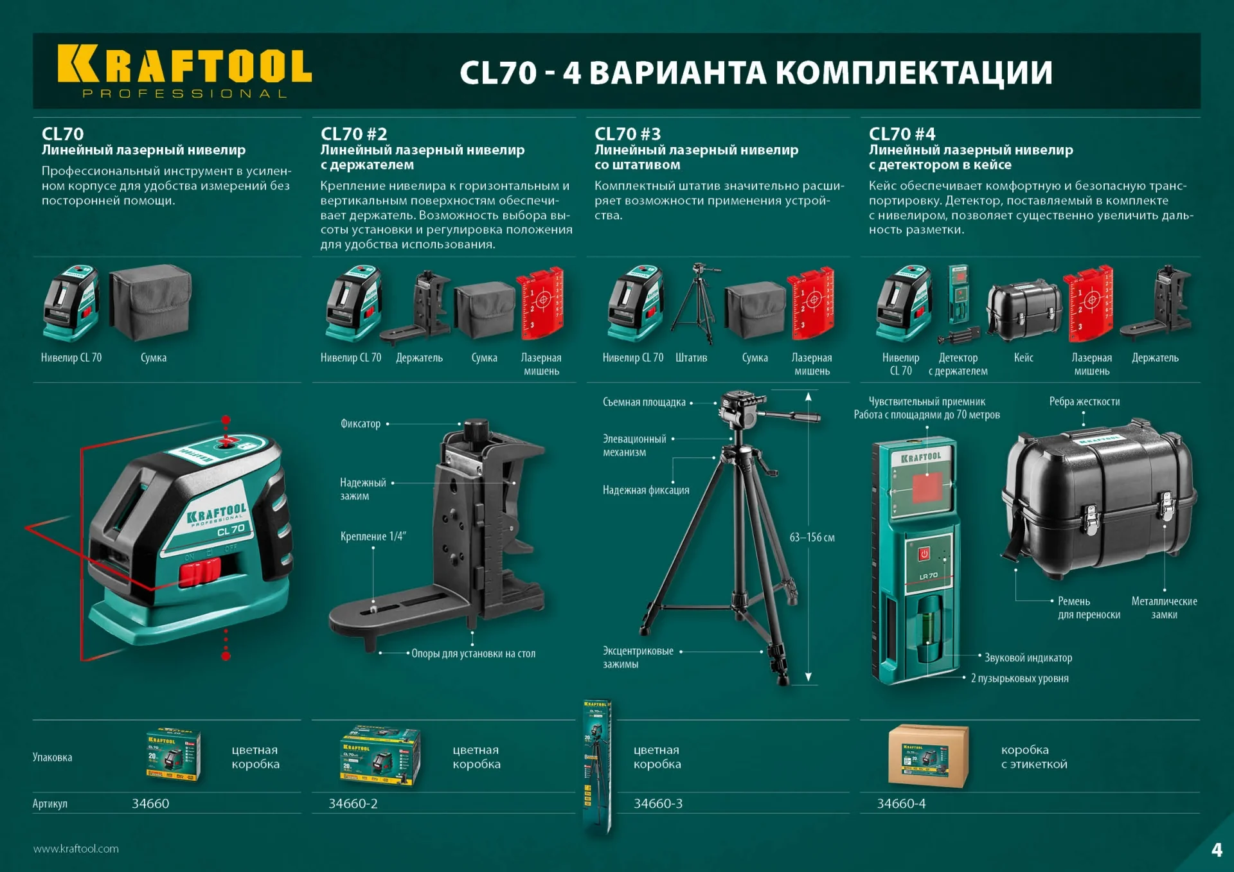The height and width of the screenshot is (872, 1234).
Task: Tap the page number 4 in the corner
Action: pyautogui.click(x=1217, y=850)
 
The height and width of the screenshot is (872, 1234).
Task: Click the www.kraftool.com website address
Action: pyautogui.click(x=76, y=848)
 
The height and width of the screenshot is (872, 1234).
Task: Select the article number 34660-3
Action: pyautogui.click(x=657, y=803)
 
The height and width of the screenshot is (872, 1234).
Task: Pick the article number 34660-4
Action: pyautogui.click(x=901, y=803)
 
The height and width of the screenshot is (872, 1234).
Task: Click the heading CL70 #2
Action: pyautogui.click(x=353, y=134)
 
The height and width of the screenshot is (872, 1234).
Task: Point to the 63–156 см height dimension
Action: pyautogui.click(x=812, y=537)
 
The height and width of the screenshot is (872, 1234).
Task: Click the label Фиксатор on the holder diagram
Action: pyautogui.click(x=361, y=423)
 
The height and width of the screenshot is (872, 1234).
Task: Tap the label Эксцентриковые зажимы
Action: pyautogui.click(x=638, y=657)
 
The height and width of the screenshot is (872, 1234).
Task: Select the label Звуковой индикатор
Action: pyautogui.click(x=1028, y=657)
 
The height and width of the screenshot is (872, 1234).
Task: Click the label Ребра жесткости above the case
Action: pyautogui.click(x=1084, y=402)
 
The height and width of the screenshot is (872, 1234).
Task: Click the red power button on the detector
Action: pyautogui.click(x=924, y=553)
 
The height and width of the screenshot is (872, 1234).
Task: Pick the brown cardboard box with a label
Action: pyautogui.click(x=927, y=756)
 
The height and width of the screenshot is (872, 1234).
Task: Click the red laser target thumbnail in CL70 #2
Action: pyautogui.click(x=541, y=303)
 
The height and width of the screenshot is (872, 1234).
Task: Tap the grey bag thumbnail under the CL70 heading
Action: pyautogui.click(x=150, y=302)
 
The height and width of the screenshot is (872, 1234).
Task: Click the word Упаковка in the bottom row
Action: pyautogui.click(x=52, y=757)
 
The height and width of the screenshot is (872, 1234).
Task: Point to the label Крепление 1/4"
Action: pyautogui.click(x=373, y=537)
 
